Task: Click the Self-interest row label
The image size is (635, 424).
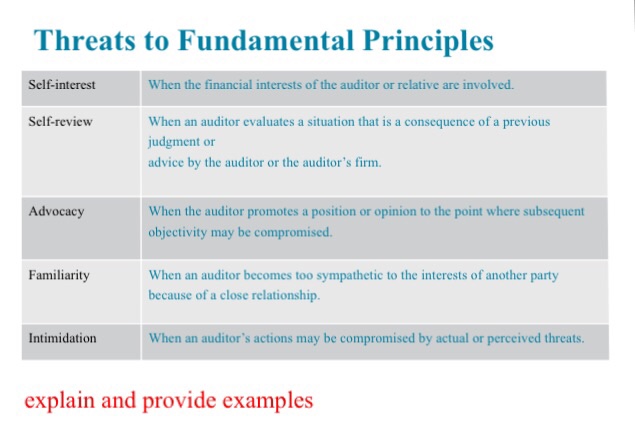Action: (62, 85)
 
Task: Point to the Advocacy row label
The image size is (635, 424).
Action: (56, 212)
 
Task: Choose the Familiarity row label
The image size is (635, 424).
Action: (61, 274)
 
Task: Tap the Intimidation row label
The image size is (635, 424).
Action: (63, 338)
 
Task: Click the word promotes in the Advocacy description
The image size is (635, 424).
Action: (281, 212)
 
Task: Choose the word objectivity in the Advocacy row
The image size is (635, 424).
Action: (182, 232)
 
